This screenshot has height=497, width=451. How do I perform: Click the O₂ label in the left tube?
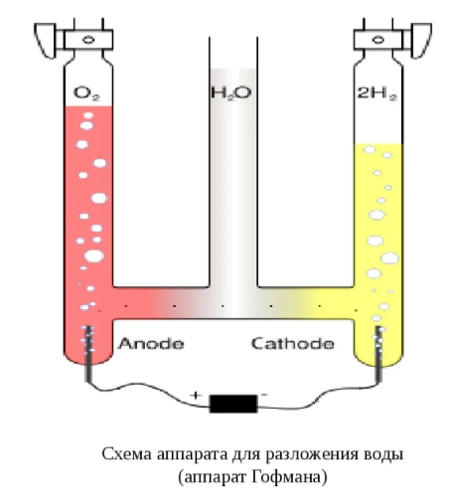86,92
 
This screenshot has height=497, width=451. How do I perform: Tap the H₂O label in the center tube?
231,92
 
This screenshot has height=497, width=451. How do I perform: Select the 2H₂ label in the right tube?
376,92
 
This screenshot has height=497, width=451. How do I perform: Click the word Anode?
151,344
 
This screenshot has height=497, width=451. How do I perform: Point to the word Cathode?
293,344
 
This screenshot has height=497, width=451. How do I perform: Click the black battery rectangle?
233,404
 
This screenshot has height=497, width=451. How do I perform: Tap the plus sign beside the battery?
196,396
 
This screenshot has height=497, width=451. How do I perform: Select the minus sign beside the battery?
264,395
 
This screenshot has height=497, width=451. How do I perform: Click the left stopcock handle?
46,41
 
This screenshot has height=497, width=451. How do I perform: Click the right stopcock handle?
421,41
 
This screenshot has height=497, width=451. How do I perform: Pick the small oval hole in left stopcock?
88,40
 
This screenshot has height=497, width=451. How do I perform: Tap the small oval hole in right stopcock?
378,40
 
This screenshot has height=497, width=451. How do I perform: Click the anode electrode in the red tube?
88,354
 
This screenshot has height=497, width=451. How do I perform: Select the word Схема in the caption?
127,454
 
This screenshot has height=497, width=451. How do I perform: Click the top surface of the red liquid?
88,106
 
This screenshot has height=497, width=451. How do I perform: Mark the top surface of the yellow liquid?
378,144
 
